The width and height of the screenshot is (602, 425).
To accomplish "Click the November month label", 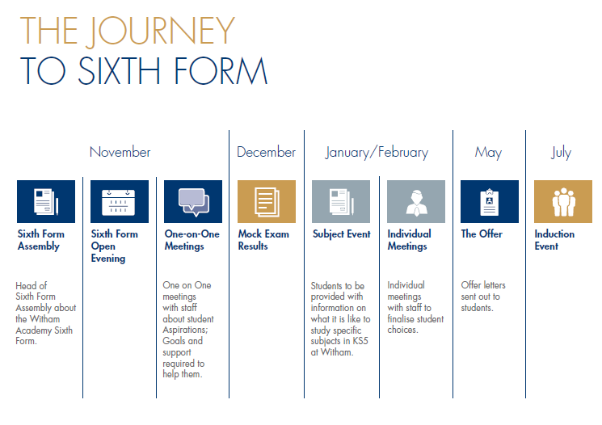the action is click(x=120, y=152).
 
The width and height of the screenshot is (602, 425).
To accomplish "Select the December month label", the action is click(x=266, y=152).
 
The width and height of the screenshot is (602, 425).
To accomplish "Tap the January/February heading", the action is click(x=377, y=153).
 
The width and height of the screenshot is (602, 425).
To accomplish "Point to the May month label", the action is click(x=488, y=153).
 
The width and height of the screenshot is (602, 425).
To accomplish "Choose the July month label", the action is click(x=562, y=153).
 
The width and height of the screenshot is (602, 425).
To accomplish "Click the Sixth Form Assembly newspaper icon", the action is click(x=46, y=201).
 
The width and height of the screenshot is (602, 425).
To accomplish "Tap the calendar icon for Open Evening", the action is click(x=120, y=201).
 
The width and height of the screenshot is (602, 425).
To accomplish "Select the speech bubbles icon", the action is click(x=193, y=201).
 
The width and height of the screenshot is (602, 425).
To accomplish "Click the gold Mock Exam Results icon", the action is click(x=267, y=201).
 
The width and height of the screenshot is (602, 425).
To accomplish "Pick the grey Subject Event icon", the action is click(x=341, y=201).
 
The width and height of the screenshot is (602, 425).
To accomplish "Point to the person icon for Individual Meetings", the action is click(x=416, y=201).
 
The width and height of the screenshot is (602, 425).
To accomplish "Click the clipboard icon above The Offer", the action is click(x=490, y=201).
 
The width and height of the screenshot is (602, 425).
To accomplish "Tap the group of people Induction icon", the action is click(x=563, y=201).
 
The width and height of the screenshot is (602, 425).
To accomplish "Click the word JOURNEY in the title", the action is click(x=160, y=31).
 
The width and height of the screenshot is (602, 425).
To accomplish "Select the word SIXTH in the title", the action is click(x=119, y=70).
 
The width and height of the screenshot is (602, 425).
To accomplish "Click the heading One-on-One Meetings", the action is click(x=192, y=240).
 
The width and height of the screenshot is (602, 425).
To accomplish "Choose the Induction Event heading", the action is click(x=554, y=240).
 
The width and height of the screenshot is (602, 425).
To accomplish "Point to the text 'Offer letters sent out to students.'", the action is click(x=483, y=297).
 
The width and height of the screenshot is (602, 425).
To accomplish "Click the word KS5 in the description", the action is click(x=360, y=341).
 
